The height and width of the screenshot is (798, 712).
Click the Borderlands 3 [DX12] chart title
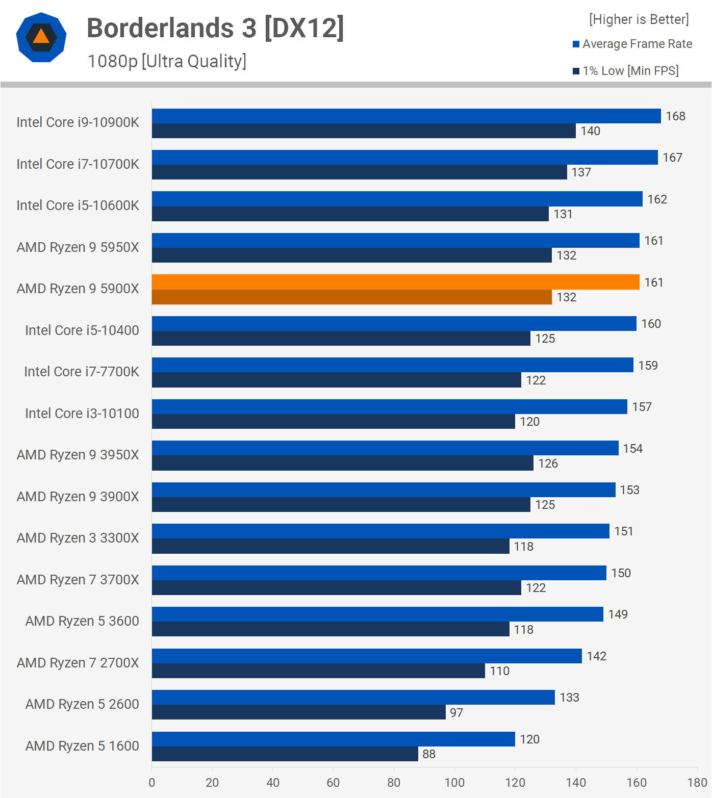click(x=215, y=28)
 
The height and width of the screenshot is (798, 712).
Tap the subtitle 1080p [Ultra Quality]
click(x=167, y=61)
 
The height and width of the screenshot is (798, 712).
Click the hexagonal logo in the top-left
click(x=41, y=37)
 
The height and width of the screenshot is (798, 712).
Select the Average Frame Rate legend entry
click(x=632, y=44)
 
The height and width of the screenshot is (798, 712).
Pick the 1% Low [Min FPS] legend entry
click(x=626, y=71)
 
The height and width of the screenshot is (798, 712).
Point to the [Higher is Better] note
click(x=639, y=19)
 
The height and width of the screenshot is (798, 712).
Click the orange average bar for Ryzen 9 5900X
click(x=395, y=282)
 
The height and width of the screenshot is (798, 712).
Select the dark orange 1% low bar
click(x=352, y=297)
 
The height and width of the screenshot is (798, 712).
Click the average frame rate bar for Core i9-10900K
click(x=406, y=116)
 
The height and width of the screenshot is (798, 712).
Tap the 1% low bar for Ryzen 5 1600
click(x=285, y=754)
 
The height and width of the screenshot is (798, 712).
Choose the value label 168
click(x=675, y=116)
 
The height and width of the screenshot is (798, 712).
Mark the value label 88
click(x=429, y=754)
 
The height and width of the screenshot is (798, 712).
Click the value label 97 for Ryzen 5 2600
click(x=456, y=713)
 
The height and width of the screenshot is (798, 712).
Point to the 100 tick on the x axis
click(x=454, y=783)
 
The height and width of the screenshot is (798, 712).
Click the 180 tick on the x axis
click(x=697, y=783)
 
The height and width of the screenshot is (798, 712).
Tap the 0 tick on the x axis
click(x=151, y=783)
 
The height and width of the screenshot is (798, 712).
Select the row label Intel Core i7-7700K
click(x=82, y=372)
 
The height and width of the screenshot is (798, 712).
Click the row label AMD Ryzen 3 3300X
click(x=78, y=538)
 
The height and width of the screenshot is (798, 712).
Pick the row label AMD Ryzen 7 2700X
click(x=78, y=663)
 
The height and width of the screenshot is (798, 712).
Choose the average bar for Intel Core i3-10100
click(x=389, y=406)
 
